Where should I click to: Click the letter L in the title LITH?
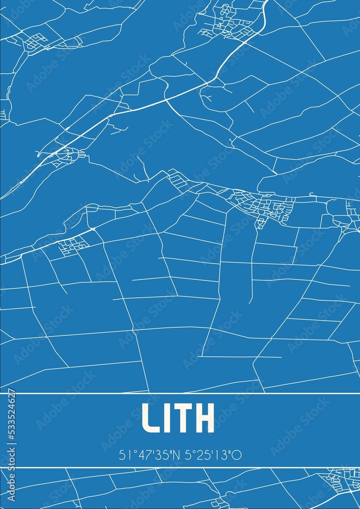pyautogui.click(x=151, y=418)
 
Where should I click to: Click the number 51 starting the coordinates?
pyautogui.click(x=124, y=455)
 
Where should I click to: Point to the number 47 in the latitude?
pyautogui.click(x=140, y=455)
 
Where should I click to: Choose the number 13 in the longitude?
pyautogui.click(x=222, y=455)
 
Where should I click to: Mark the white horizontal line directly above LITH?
pyautogui.click(x=180, y=393)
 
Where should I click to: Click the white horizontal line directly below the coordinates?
pyautogui.click(x=180, y=467)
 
